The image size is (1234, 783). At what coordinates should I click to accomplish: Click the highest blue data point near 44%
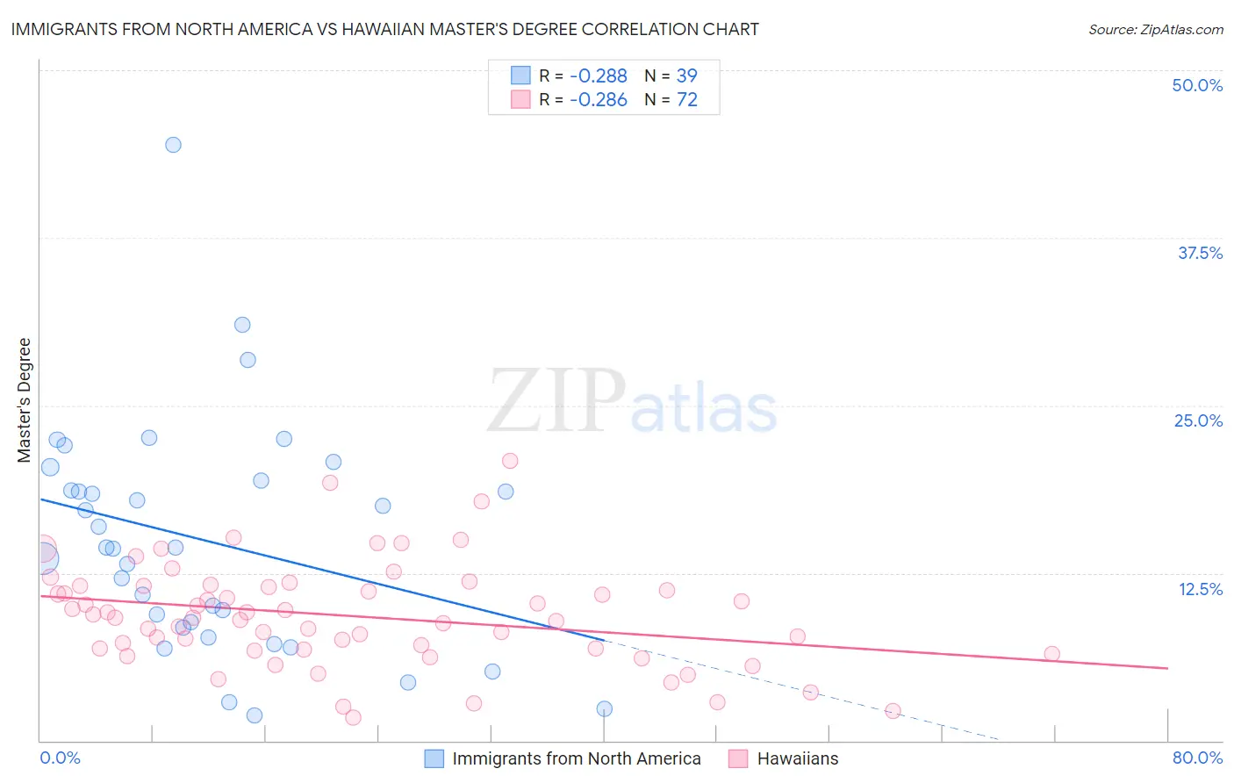[173, 145]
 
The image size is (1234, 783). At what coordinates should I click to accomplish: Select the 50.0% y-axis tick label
[1197, 85]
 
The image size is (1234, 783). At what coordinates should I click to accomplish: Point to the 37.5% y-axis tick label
[1200, 253]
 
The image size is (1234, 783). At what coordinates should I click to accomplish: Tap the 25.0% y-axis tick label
[1198, 420]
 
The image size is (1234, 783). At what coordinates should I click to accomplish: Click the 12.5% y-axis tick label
[1200, 589]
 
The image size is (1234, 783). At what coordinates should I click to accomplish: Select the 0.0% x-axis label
[60, 758]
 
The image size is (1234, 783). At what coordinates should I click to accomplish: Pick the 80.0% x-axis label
[1197, 758]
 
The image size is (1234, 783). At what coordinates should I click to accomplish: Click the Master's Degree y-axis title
[24, 400]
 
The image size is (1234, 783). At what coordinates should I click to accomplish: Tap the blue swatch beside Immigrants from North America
[434, 758]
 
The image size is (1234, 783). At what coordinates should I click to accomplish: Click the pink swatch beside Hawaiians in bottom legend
[738, 758]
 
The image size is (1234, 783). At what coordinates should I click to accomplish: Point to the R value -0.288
[598, 76]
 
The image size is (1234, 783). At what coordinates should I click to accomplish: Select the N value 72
[686, 100]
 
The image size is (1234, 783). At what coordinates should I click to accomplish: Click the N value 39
[686, 76]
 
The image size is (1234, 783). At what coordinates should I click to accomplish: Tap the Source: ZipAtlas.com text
[1155, 30]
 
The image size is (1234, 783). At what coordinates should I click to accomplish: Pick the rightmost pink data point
[1051, 654]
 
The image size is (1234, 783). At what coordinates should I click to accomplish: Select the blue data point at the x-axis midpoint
[604, 708]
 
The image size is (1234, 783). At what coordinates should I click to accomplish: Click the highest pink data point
[510, 461]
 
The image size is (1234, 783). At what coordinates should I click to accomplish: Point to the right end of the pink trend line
[1167, 668]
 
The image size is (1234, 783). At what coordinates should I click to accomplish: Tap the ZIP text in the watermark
[556, 401]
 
